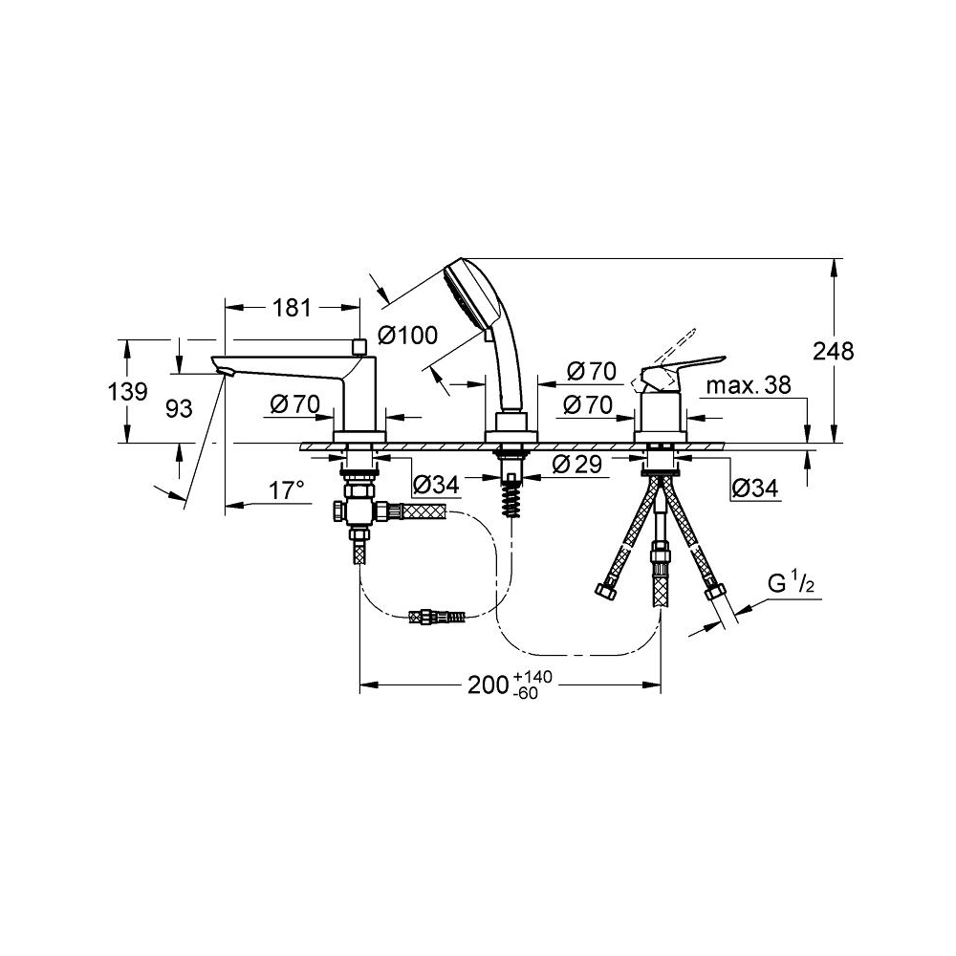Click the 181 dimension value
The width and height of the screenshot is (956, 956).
pyautogui.click(x=293, y=308)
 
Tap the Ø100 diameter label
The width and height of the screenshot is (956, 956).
pyautogui.click(x=407, y=335)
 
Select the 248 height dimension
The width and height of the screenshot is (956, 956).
pyautogui.click(x=834, y=351)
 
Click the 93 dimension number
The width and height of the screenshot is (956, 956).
pyautogui.click(x=178, y=408)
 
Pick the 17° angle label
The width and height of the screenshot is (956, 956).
pyautogui.click(x=286, y=490)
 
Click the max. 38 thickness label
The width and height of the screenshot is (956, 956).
pyautogui.click(x=751, y=385)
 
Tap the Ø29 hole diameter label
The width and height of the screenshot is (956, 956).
pyautogui.click(x=577, y=465)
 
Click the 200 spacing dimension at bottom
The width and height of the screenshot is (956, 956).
pyautogui.click(x=489, y=685)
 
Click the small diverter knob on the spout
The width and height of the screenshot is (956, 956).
pyautogui.click(x=359, y=345)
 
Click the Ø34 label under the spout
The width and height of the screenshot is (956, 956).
pyautogui.click(x=435, y=487)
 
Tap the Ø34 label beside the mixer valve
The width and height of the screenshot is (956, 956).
pyautogui.click(x=755, y=488)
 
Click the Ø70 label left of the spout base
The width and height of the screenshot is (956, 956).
pyautogui.click(x=293, y=404)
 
